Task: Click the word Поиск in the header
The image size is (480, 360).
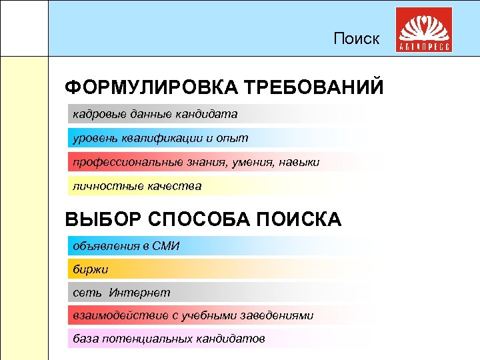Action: (x=357, y=39)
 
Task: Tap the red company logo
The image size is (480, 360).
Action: (x=424, y=31)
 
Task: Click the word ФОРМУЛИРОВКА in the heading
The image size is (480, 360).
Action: (x=151, y=88)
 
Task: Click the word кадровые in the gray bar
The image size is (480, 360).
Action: (x=95, y=114)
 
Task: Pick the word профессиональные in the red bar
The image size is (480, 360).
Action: (x=121, y=162)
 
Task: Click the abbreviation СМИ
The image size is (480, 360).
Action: (x=166, y=246)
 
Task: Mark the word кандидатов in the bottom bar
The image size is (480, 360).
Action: (x=231, y=338)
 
